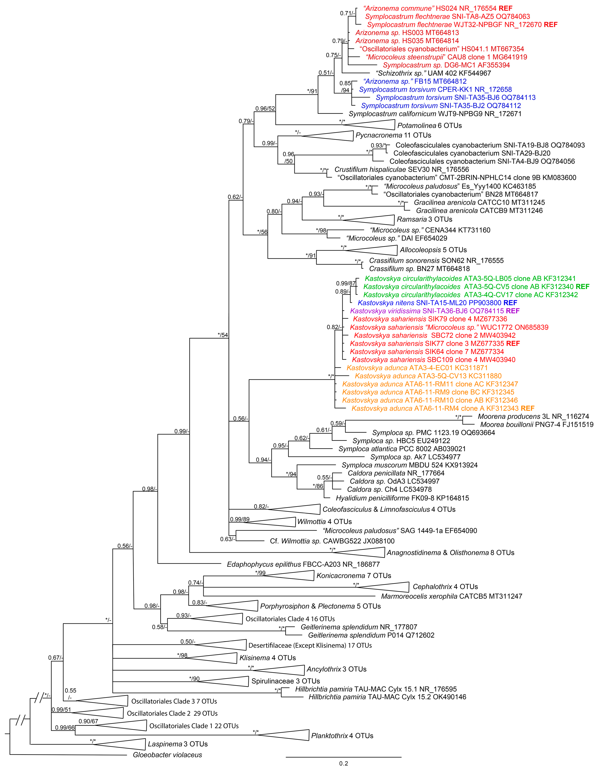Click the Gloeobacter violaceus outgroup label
click(167, 755)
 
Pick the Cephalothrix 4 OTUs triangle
click(388, 587)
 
